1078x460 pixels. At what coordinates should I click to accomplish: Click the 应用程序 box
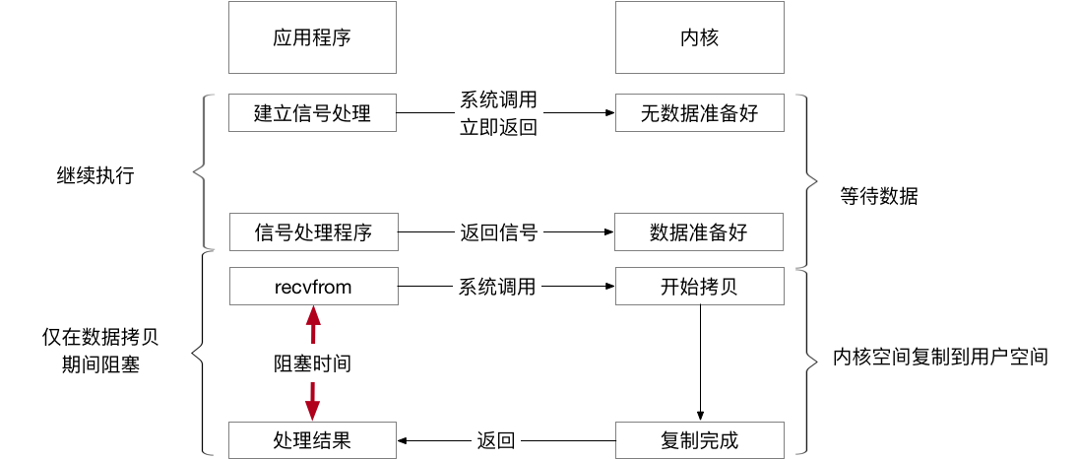pos(312,37)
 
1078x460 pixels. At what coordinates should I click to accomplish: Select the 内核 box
pos(699,37)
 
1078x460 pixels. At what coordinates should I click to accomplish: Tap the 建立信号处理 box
pos(312,113)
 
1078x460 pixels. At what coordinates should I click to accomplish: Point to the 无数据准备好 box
pos(699,113)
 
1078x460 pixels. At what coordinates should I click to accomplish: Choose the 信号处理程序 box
pos(312,233)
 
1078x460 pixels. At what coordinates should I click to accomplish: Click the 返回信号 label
pos(498,233)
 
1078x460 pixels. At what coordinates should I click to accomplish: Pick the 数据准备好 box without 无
pos(699,233)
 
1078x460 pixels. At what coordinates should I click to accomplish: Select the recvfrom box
pos(312,287)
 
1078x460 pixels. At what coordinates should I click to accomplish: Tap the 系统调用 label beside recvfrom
pos(497,287)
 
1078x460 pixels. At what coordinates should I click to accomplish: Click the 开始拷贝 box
pos(699,287)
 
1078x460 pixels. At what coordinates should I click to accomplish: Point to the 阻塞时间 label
pos(312,364)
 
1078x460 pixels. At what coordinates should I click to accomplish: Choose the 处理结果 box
pos(312,440)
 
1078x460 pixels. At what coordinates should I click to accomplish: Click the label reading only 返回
pos(495,440)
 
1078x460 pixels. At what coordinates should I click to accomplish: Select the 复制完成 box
pos(699,440)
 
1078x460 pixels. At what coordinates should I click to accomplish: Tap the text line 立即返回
pos(499,127)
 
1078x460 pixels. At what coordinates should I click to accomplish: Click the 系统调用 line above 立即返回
pos(499,100)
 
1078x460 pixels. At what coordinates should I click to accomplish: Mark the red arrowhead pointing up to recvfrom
pos(313,315)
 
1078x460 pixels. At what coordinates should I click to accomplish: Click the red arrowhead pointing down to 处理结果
pos(313,411)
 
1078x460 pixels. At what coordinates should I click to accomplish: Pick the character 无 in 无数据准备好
pos(650,113)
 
